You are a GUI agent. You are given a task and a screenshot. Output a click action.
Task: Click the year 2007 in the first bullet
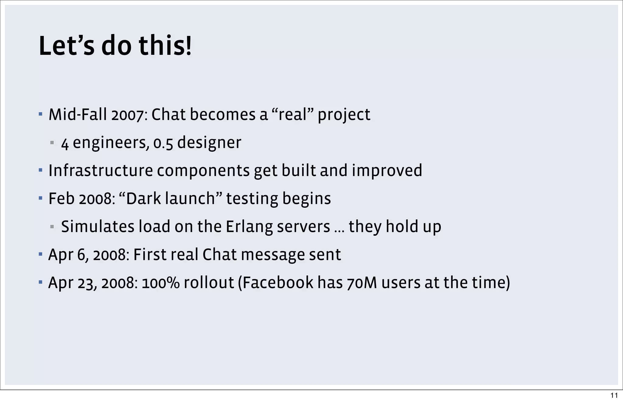pos(127,115)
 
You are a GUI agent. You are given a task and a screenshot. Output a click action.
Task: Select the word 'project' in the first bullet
pos(344,115)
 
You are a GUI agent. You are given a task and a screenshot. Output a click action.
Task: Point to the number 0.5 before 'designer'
pos(163,143)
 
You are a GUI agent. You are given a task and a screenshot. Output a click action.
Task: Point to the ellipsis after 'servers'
pos(339,230)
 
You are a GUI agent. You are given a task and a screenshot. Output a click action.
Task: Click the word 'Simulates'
pos(98,227)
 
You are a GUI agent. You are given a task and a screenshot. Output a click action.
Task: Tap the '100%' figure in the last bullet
pos(161,283)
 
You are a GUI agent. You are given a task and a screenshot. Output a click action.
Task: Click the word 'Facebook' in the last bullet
pos(278,283)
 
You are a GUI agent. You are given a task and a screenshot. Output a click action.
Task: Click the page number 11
pos(614,395)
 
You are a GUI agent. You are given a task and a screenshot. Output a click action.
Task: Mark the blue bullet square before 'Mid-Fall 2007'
pos(40,115)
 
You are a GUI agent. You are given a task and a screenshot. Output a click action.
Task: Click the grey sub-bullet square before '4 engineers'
pos(52,143)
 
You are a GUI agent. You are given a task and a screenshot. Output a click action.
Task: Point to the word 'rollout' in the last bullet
pos(209,283)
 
